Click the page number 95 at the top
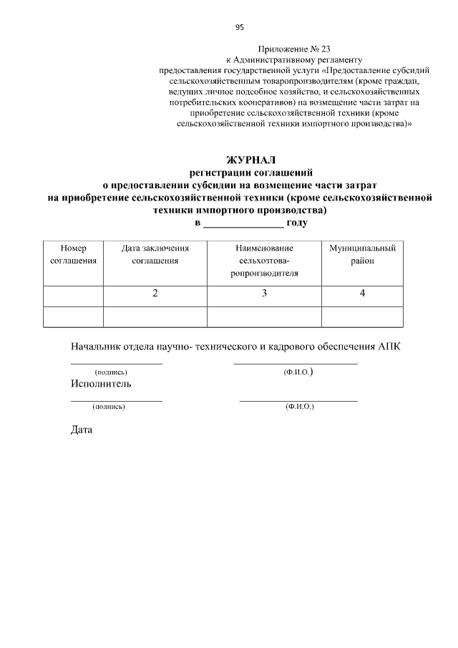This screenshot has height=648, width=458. point(240,27)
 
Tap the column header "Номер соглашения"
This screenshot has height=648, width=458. point(73,254)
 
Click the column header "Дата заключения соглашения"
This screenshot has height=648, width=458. point(155,254)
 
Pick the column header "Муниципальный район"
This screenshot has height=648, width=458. point(362,254)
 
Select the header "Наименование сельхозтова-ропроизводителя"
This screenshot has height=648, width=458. point(264,261)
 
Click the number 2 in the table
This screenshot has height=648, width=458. point(155,294)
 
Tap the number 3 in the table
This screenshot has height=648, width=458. point(264,294)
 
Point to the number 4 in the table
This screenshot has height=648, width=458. point(362,294)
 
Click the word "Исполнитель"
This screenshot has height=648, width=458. point(101,383)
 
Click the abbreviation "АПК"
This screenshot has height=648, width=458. point(387,347)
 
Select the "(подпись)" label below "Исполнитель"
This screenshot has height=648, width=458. point(109,407)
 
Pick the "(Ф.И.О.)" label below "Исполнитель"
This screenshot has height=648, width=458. point(299,407)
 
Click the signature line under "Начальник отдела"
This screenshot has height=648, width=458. point(116,364)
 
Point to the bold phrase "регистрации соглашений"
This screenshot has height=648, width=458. point(250,173)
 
